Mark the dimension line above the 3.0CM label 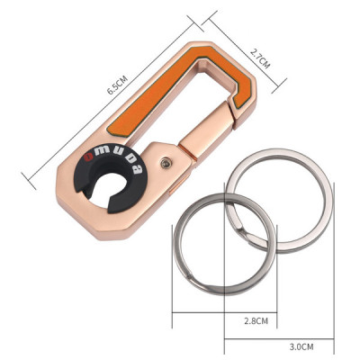(x=279, y=339)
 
